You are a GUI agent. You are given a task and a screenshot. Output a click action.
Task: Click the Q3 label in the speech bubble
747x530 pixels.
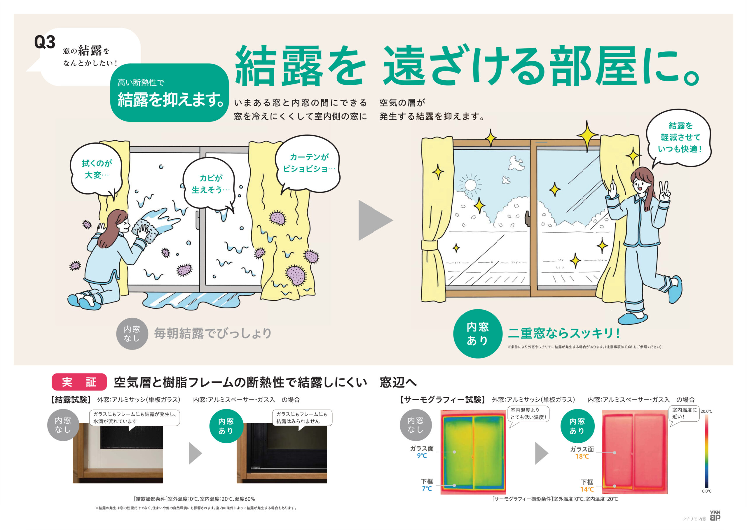point(45,42)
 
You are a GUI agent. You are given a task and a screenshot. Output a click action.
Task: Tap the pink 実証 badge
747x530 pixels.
point(79,382)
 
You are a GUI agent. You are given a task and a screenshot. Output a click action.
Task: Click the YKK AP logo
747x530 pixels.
point(715,516)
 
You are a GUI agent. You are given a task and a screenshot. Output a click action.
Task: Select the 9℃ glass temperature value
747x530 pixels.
point(422,456)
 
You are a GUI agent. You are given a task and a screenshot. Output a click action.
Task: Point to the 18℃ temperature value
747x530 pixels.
point(582,456)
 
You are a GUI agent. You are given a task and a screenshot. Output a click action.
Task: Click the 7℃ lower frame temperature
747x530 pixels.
point(427,489)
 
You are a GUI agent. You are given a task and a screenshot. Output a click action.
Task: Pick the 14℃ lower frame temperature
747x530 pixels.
point(587,489)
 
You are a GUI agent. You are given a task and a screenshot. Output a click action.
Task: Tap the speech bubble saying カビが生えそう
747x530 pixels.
point(210,184)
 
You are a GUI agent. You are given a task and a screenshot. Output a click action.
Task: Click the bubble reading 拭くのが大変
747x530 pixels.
point(96,169)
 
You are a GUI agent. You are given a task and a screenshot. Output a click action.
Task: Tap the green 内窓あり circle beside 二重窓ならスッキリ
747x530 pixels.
point(477,333)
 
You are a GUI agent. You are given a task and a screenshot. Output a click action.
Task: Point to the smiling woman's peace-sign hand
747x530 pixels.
point(664,192)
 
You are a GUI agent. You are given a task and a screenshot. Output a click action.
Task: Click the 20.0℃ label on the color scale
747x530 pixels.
point(706,411)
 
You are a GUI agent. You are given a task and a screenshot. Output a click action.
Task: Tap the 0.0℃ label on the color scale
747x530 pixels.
point(706,491)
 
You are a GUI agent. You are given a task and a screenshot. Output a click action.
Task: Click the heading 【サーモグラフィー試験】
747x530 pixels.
point(443,399)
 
